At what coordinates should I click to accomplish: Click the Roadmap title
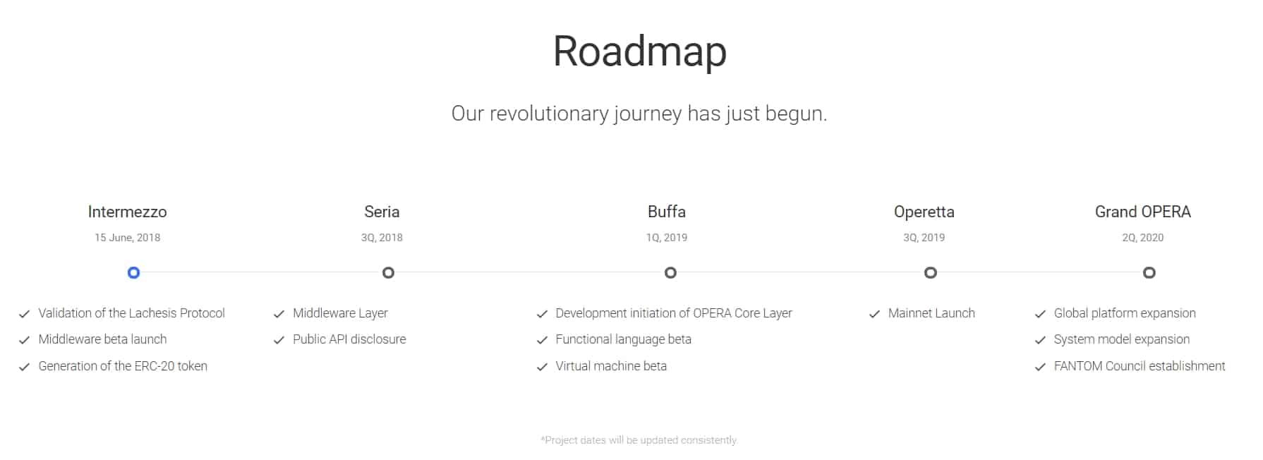pos(639,52)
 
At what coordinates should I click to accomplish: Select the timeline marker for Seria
pos(388,272)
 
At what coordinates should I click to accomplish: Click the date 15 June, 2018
pos(128,238)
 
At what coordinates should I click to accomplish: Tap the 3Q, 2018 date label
pos(382,238)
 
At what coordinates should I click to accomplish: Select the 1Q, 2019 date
pos(667,238)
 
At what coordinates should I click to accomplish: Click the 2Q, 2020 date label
pos(1143,238)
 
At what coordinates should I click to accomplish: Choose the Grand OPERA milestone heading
pos(1143,212)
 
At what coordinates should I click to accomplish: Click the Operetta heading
pos(924,212)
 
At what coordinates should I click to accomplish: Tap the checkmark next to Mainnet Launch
pos(875,314)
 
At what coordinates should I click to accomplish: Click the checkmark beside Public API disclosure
pos(279,340)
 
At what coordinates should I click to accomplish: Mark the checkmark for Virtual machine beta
pos(542,367)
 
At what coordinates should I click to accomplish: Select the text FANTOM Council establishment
pos(1140,366)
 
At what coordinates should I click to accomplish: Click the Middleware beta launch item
pos(102,339)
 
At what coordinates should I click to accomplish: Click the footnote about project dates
pos(639,440)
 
